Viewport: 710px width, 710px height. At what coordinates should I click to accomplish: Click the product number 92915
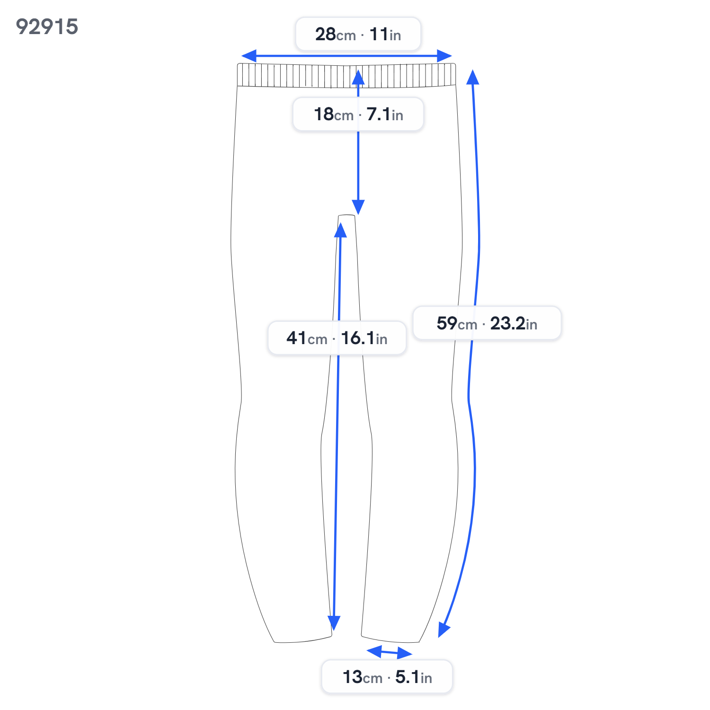(x=47, y=27)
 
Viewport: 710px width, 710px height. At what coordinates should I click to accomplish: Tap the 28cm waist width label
(x=358, y=34)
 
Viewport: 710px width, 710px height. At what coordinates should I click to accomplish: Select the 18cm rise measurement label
(x=358, y=114)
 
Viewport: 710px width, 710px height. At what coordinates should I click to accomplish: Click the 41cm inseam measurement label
(x=337, y=338)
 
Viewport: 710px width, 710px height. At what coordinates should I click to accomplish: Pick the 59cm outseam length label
(x=487, y=323)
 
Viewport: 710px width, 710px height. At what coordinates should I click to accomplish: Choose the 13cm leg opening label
(x=387, y=677)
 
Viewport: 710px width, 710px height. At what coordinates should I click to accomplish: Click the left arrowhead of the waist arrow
(x=249, y=56)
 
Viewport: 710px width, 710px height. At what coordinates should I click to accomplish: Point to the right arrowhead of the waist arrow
(x=444, y=56)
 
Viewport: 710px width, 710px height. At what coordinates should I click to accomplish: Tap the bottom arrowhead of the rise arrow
(x=358, y=207)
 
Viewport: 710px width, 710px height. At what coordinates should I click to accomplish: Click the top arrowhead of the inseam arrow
(x=340, y=230)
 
